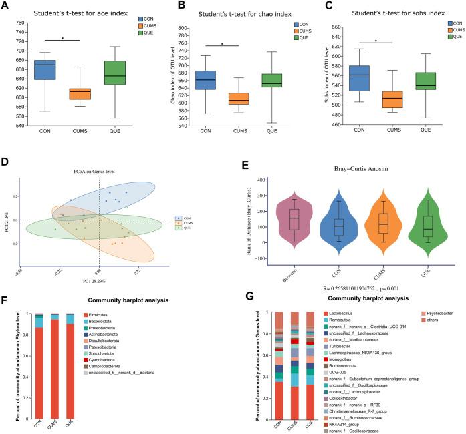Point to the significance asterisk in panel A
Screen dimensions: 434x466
click(62, 39)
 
